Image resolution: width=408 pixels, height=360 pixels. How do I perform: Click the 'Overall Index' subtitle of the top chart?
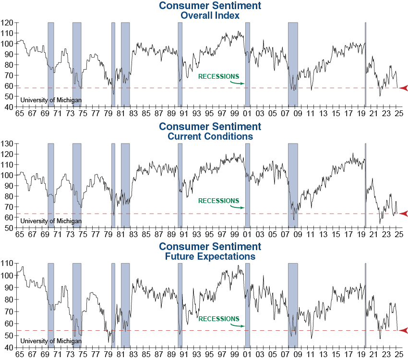tap(210, 15)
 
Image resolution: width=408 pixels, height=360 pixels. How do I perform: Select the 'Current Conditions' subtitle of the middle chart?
tap(210, 136)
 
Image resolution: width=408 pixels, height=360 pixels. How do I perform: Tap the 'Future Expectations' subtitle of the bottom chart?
tap(210, 256)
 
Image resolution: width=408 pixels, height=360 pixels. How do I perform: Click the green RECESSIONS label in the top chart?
tap(218, 76)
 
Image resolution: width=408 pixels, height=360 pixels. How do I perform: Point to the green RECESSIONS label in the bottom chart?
tap(218, 319)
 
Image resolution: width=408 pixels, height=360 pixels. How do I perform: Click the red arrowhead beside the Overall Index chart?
tap(403, 88)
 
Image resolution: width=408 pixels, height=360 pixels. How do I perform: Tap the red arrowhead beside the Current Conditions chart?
tap(403, 213)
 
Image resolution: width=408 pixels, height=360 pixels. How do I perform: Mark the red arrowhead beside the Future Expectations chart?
tap(403, 330)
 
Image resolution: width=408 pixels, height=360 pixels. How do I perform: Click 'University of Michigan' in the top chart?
tap(50, 100)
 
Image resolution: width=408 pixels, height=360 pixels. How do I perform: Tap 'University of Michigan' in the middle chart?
tap(50, 221)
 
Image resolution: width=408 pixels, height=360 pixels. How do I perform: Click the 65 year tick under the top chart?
tap(19, 114)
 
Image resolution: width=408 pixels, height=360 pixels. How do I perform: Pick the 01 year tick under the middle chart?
tap(247, 235)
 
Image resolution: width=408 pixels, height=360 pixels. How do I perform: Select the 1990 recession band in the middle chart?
tap(180, 182)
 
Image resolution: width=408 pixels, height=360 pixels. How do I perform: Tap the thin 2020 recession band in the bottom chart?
tap(365, 302)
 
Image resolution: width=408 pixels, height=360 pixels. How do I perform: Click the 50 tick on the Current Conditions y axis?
tap(9, 228)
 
